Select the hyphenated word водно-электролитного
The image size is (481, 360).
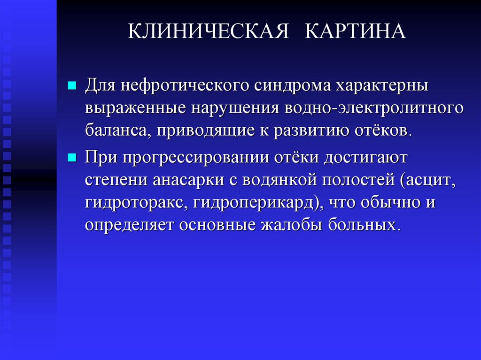(373, 108)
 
